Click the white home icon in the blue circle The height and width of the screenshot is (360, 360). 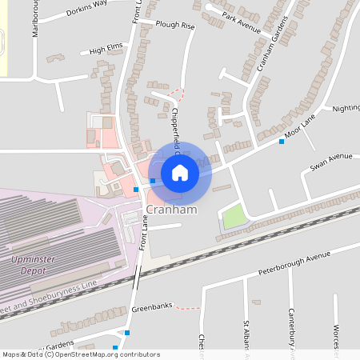[x=180, y=172]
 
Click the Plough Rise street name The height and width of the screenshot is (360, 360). [x=175, y=26]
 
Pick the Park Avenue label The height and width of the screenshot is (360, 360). [x=242, y=23]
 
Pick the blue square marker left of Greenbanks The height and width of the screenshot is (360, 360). [x=126, y=333]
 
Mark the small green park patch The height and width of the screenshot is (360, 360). [x=233, y=216]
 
